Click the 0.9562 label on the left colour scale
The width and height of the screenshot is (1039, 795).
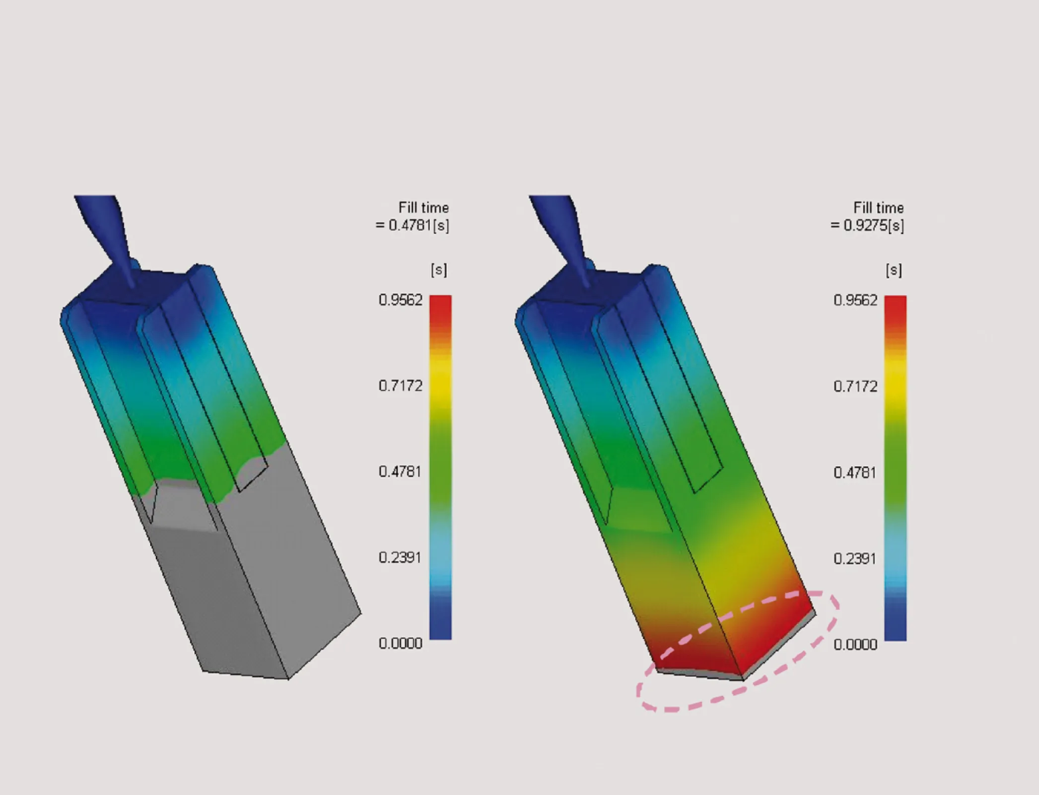click(400, 300)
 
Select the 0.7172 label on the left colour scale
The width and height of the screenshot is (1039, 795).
click(400, 386)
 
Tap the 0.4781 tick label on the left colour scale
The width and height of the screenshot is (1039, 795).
click(400, 472)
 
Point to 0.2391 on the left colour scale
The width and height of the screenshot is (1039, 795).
click(400, 557)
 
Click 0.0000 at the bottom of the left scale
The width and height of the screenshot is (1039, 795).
click(400, 643)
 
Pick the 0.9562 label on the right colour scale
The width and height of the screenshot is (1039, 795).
click(855, 300)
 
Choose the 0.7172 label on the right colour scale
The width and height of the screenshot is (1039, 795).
click(855, 387)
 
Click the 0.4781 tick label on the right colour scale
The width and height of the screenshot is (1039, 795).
click(855, 473)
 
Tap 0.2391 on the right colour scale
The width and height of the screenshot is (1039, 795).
click(855, 558)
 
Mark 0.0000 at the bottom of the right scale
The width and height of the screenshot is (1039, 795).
click(855, 644)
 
